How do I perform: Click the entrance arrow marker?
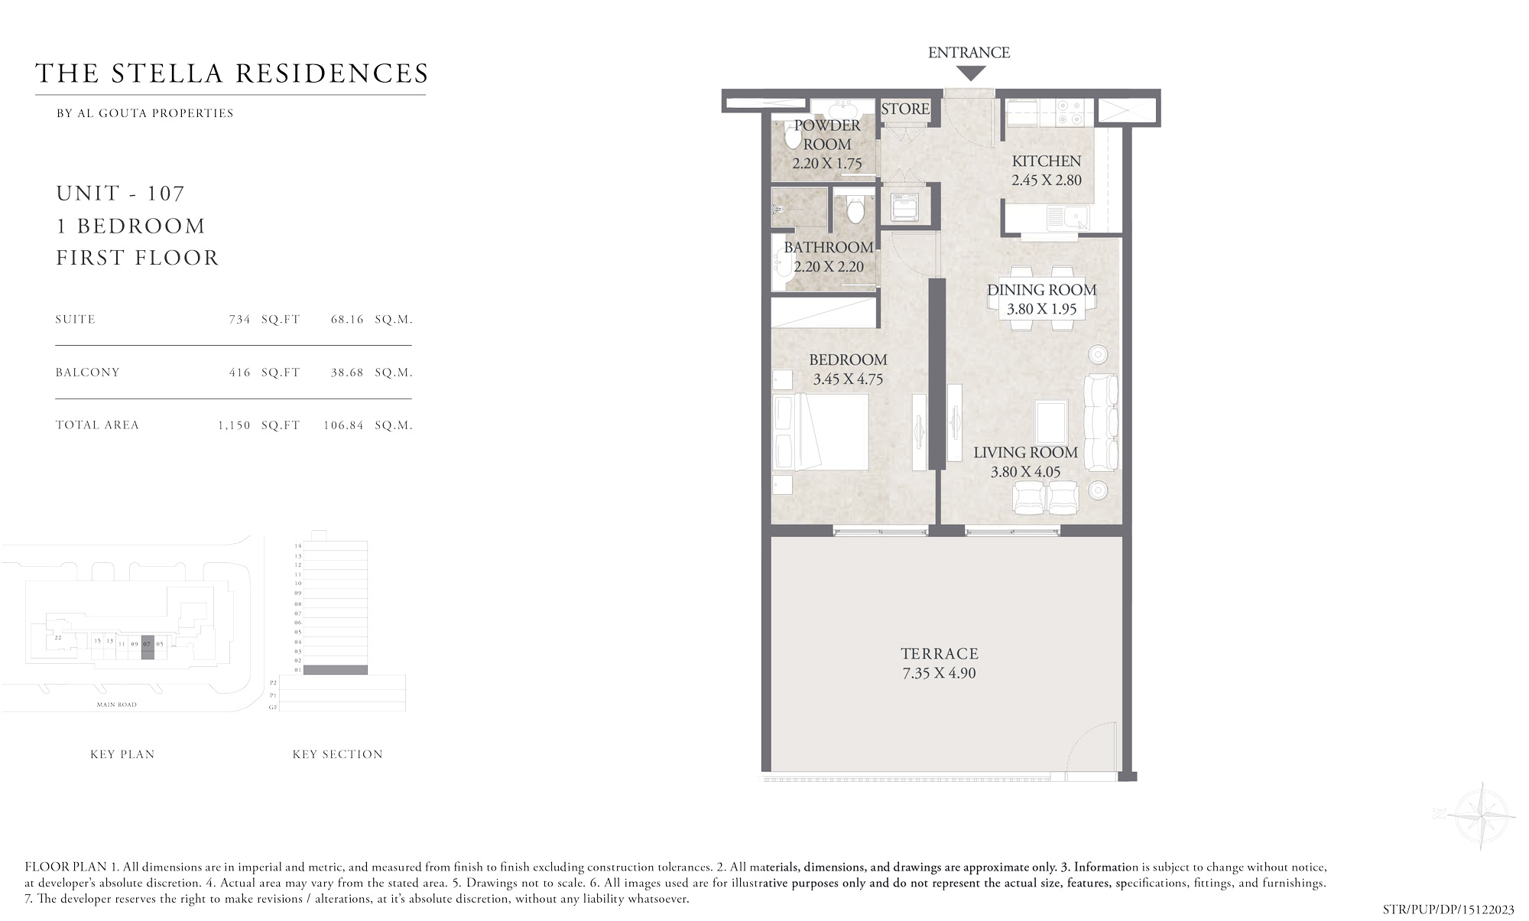[971, 74]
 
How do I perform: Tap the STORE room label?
[905, 109]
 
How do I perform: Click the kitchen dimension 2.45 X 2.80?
[1046, 181]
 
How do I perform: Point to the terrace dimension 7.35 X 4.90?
[939, 674]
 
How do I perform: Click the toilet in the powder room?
[792, 138]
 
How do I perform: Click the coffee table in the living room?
[1051, 416]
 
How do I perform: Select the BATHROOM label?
[829, 248]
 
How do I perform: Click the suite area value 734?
[239, 320]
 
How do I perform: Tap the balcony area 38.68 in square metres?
[347, 373]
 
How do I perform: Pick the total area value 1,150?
[234, 425]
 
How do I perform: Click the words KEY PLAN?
[122, 754]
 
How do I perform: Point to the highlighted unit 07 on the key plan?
[148, 644]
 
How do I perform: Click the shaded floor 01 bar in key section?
[335, 670]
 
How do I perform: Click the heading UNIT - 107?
[121, 194]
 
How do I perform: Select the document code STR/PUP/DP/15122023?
[1448, 910]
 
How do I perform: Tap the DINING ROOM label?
[1041, 290]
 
